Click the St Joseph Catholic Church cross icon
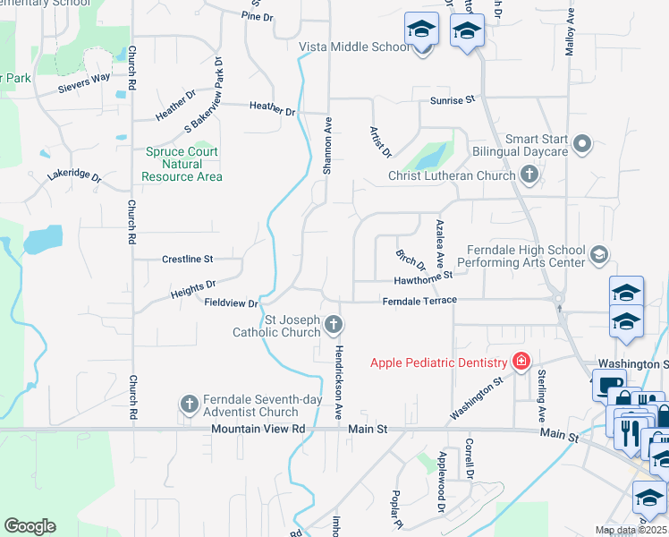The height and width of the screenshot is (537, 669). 333,323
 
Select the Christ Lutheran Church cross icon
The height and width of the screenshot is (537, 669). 529,175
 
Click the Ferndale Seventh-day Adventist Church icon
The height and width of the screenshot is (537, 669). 190,405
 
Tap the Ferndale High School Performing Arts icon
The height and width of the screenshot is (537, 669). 598,256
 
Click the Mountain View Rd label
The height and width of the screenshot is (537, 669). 258,430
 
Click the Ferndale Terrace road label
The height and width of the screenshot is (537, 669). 419,301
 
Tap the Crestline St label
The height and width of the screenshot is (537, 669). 187,260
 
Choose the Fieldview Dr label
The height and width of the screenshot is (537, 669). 231,303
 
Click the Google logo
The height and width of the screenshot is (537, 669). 30,526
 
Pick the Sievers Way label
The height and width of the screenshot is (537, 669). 84,77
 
